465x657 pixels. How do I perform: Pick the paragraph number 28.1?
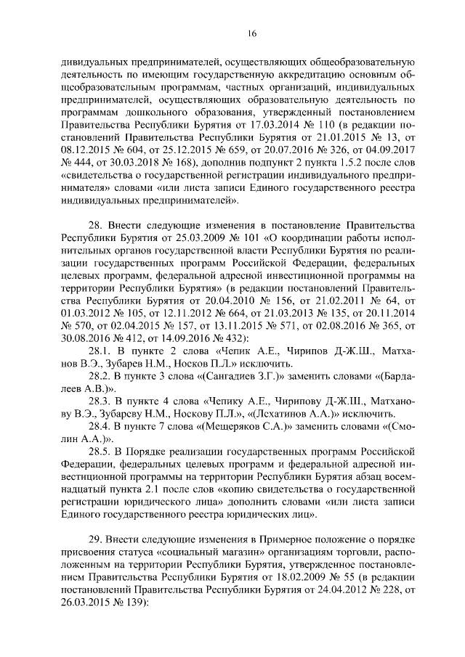98,350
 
